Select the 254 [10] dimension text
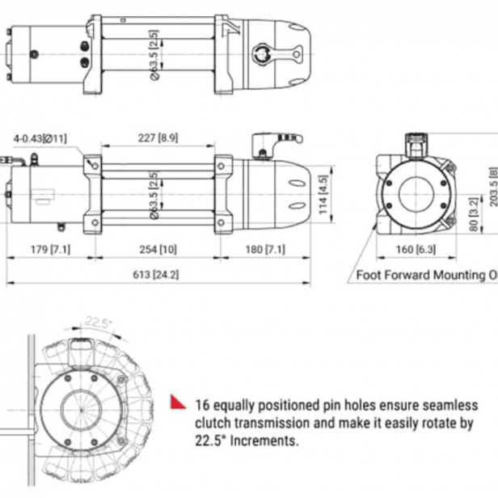point(157,249)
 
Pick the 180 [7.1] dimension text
point(268,249)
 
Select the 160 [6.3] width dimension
point(414,249)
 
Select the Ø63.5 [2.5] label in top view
point(153,53)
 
